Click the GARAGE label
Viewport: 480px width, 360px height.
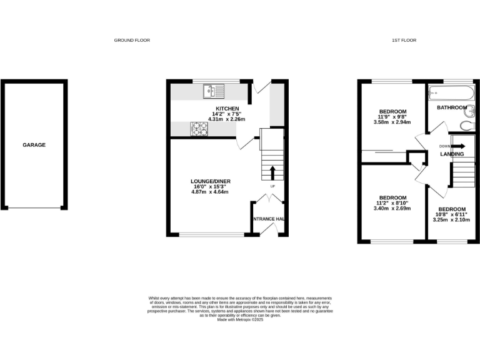pos(34,145)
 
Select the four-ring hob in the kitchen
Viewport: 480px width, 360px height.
pos(200,128)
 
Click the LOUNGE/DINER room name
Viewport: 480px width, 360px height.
pos(211,181)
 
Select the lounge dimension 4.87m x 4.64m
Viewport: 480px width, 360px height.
pos(211,192)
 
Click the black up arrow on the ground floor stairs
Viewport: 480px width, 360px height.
pos(272,172)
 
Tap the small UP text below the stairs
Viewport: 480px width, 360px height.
pos(272,186)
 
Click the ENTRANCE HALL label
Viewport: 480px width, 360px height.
pos(269,219)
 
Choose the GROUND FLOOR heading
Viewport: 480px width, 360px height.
pos(132,40)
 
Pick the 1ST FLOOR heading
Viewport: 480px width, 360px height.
pos(404,40)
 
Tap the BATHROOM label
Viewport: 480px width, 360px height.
pos(452,107)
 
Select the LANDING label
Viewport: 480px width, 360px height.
pos(452,154)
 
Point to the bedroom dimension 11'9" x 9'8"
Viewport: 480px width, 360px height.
pos(392,117)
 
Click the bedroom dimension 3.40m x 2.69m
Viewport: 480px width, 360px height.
pos(392,208)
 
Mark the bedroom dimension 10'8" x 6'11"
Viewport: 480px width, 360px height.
pos(452,214)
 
